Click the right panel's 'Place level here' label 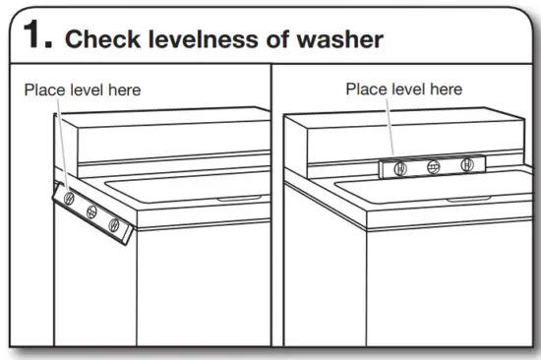pyautogui.click(x=403, y=90)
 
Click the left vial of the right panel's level pyautogui.click(x=400, y=167)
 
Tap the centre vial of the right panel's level pyautogui.click(x=434, y=166)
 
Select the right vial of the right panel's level pyautogui.click(x=467, y=165)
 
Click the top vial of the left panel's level pyautogui.click(x=69, y=198)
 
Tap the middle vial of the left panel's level pyautogui.click(x=91, y=210)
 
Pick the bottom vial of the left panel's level pyautogui.click(x=116, y=225)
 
